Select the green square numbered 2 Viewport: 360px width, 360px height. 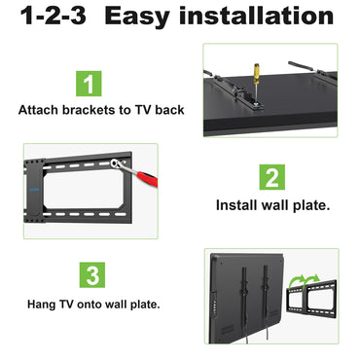272,177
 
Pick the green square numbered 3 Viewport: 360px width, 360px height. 91,275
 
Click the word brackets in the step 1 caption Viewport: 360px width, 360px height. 92,109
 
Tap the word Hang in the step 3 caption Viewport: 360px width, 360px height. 44,304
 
